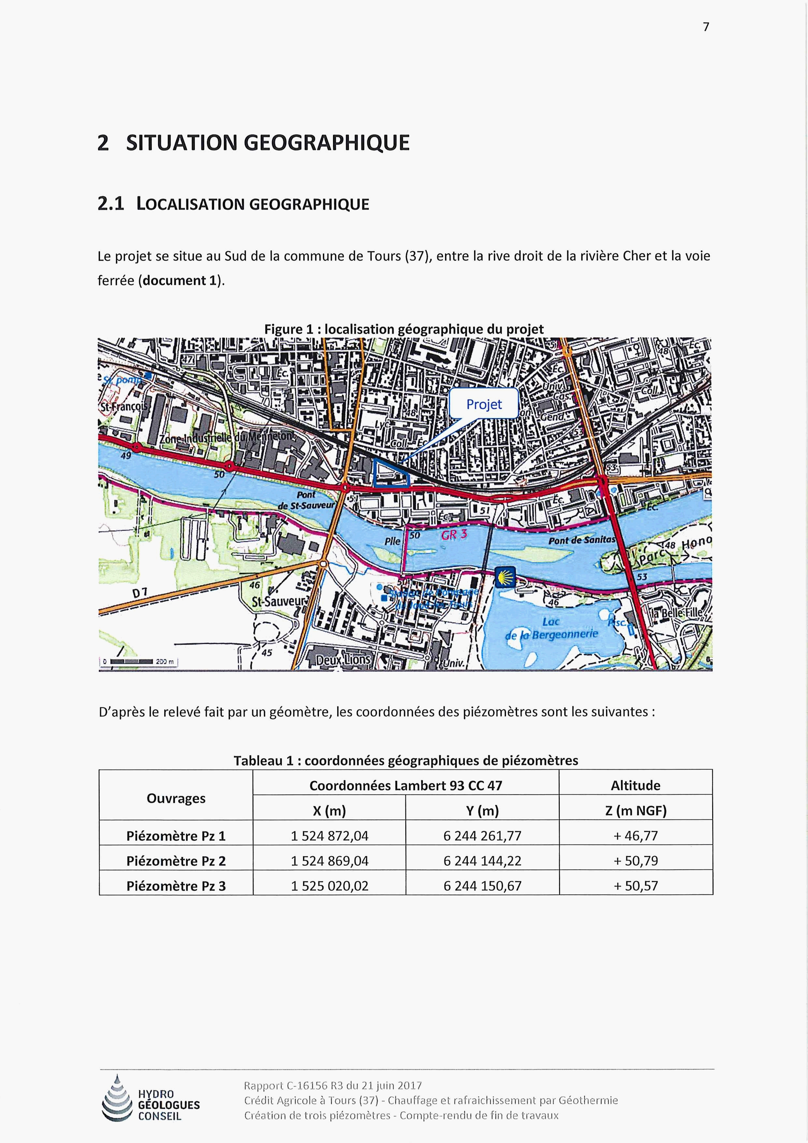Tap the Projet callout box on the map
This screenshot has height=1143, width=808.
point(484,404)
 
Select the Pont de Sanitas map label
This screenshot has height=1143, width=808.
point(582,540)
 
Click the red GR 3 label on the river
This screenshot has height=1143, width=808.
point(454,535)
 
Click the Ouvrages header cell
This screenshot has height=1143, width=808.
point(176,798)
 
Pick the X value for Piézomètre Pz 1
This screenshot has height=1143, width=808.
point(329,836)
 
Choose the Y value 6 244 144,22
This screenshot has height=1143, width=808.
point(482,861)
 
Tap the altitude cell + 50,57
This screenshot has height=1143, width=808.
point(635,886)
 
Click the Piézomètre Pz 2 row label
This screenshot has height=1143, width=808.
point(176,861)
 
